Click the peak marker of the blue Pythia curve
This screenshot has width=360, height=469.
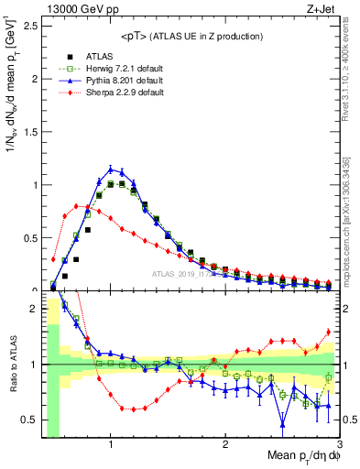[x=111, y=169]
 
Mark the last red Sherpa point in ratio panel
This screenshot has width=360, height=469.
[x=328, y=332]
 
